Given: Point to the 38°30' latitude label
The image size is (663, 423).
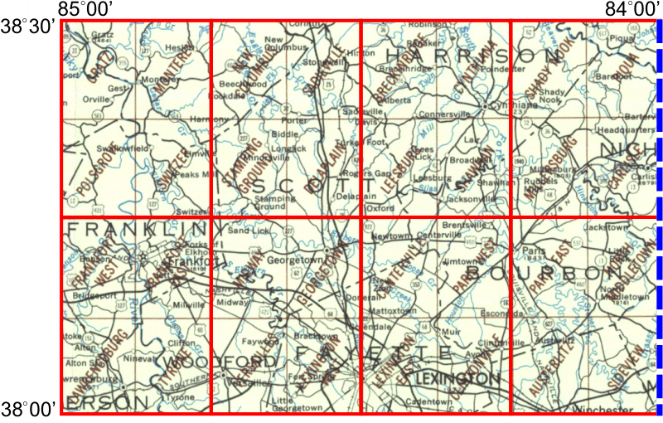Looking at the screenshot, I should point(29,27).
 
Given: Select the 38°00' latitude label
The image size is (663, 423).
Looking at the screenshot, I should point(29,408).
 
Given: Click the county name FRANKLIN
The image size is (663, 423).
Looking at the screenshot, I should point(137,227).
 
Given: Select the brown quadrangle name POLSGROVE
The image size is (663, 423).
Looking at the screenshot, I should point(91,177).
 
